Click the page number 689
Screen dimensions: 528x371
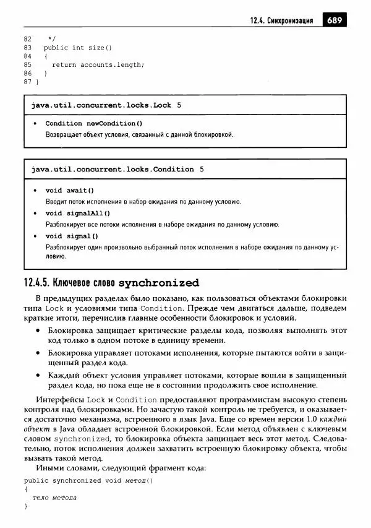[334, 20]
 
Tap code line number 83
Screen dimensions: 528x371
[28, 48]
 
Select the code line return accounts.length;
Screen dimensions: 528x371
[98, 64]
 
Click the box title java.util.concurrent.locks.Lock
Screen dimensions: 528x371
[101, 105]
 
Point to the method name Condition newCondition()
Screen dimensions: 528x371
[94, 123]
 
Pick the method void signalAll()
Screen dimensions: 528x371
[77, 214]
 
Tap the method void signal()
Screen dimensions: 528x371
[72, 236]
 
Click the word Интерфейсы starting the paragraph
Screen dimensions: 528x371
[58, 400]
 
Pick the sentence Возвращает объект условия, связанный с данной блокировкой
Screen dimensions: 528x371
[139, 134]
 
